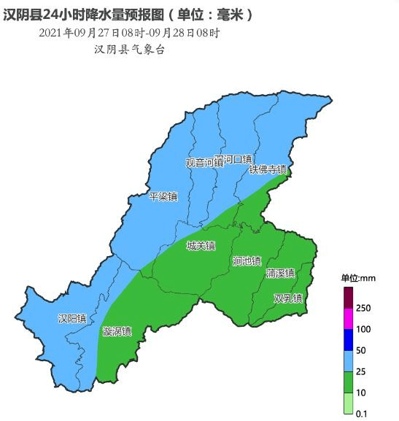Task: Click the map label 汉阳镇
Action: tap(72, 319)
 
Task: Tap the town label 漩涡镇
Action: tap(117, 331)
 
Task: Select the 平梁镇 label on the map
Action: tap(163, 197)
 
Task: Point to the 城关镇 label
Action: tap(201, 246)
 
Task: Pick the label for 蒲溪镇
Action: tap(280, 274)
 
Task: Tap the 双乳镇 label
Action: tap(288, 298)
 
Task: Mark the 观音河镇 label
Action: tap(203, 163)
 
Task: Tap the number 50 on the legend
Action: tap(361, 350)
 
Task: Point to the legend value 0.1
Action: tap(361, 414)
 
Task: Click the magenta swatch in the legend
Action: tap(348, 319)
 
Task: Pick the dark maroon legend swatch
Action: tap(348, 298)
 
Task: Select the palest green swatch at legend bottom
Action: tap(348, 403)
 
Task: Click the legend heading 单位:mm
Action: tap(357, 278)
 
